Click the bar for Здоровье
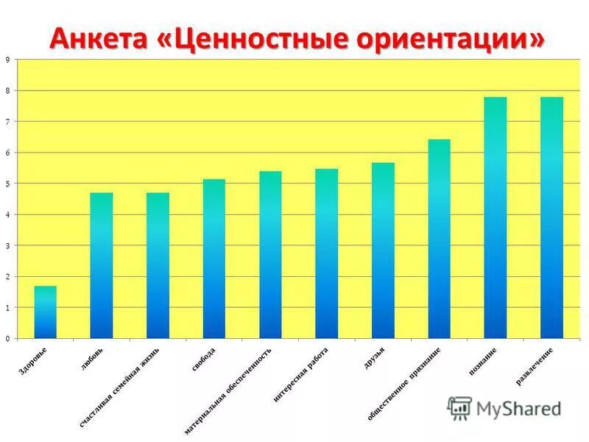(x=45, y=312)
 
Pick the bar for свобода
(x=214, y=259)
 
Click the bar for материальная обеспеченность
(x=270, y=255)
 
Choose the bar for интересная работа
(x=326, y=253)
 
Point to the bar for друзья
(x=383, y=250)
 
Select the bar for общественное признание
(x=439, y=239)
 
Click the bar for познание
(x=495, y=217)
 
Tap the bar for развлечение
(x=551, y=217)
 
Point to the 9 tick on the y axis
(x=7, y=60)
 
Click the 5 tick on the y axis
(x=7, y=183)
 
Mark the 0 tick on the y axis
(x=7, y=339)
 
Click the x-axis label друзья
(x=374, y=355)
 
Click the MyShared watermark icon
(x=459, y=407)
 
